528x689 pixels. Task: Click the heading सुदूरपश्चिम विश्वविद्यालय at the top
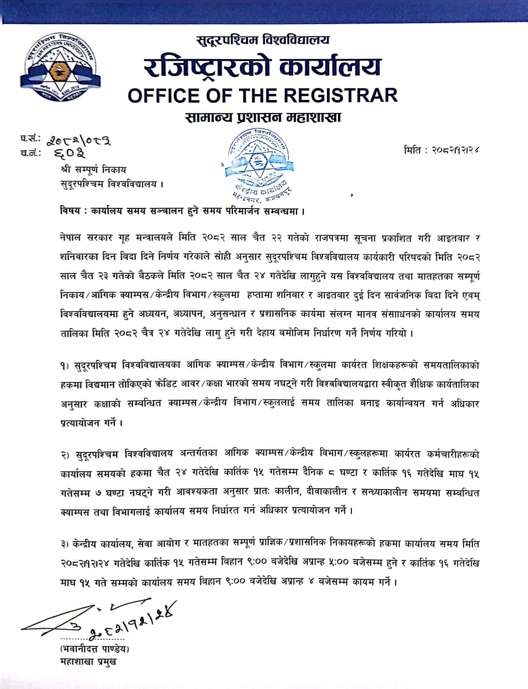(263, 40)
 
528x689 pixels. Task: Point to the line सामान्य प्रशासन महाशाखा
(263, 118)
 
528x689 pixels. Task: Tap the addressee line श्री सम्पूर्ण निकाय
(93, 170)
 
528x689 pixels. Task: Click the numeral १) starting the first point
(64, 366)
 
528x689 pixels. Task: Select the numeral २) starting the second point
(64, 454)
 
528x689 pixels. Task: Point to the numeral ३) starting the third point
(64, 544)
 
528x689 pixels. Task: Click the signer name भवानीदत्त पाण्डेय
(95, 649)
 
